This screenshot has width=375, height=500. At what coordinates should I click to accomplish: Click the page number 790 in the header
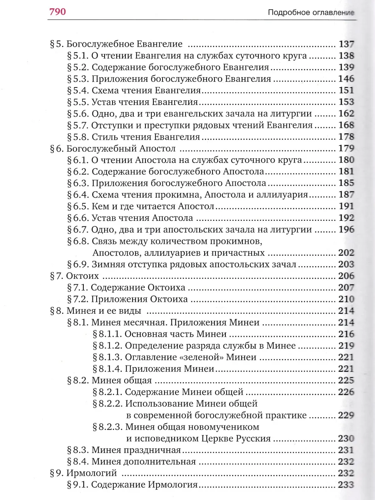coord(57,12)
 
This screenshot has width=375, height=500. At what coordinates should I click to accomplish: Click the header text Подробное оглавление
coord(310,13)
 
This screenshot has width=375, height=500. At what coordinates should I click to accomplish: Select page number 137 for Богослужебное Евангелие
coord(346,44)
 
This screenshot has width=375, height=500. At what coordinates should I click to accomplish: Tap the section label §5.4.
coord(77,90)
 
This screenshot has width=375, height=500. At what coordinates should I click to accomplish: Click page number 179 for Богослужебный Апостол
coord(346,148)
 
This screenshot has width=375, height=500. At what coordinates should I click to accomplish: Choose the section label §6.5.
coord(77,206)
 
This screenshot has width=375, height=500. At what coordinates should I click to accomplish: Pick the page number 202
coord(346,252)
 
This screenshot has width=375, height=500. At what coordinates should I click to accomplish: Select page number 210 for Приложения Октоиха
coord(346,299)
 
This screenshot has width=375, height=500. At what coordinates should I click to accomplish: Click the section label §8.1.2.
coord(107,345)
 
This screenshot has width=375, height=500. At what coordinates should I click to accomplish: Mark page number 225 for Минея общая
coord(346,380)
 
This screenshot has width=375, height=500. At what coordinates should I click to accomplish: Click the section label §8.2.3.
coord(107,427)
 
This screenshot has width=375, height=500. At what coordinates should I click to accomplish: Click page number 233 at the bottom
coord(346,485)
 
